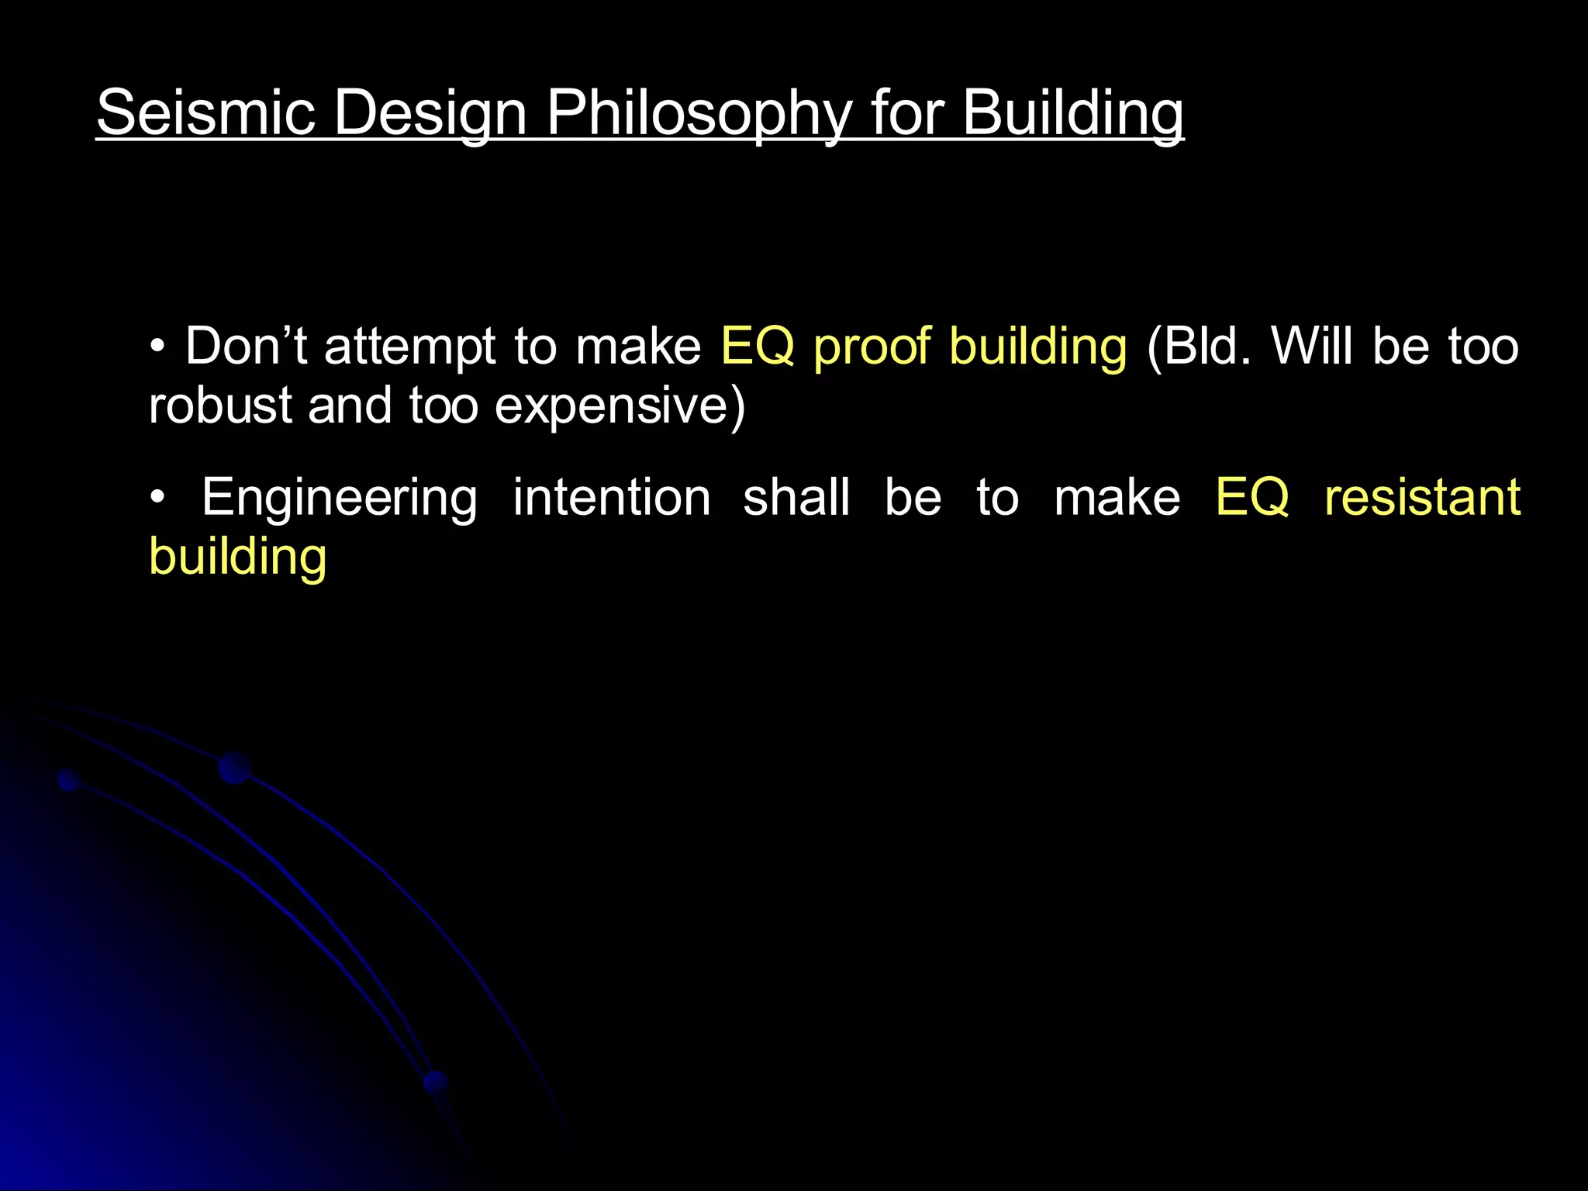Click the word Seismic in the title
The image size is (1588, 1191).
(205, 112)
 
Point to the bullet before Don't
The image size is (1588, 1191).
(158, 347)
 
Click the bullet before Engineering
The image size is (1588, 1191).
(158, 499)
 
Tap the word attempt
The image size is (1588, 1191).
(409, 347)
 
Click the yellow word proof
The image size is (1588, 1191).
(871, 347)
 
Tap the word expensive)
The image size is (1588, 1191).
(620, 406)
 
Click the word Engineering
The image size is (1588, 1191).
(340, 499)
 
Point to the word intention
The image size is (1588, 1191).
(612, 497)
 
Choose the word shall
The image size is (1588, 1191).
(796, 497)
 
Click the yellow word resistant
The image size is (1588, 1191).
(1421, 497)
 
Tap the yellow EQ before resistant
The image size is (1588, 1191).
(1251, 497)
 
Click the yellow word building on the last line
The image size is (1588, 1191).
(237, 558)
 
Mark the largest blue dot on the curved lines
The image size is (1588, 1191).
(234, 768)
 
